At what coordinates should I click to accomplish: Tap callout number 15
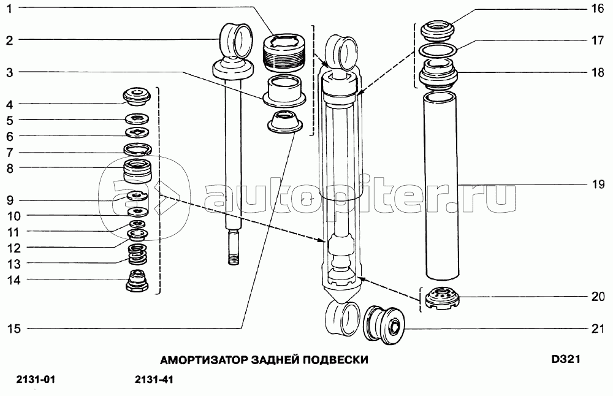tap(13, 329)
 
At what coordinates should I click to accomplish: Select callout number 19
tap(598, 184)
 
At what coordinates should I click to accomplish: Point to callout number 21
tap(598, 329)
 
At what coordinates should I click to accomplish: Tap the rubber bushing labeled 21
tap(384, 325)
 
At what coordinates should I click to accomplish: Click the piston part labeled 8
tap(137, 171)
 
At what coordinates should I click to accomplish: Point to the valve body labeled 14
tap(137, 280)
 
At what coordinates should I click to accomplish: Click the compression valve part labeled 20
tap(442, 299)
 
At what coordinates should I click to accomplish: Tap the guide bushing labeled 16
tap(438, 32)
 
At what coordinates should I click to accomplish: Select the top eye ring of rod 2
tap(237, 39)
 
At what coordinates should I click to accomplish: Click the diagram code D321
tap(566, 359)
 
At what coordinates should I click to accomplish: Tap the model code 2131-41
tap(154, 379)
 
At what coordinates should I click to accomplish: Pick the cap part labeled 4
tap(137, 96)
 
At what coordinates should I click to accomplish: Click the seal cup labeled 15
tap(284, 122)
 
